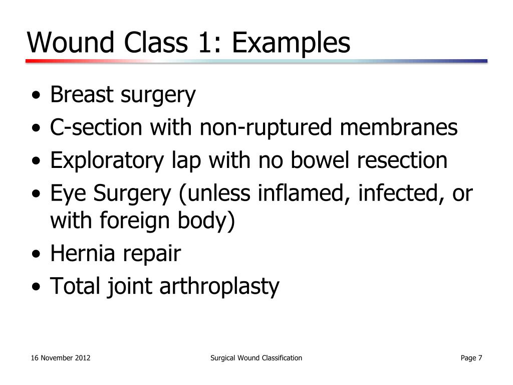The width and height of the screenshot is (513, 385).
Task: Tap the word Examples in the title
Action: (x=290, y=43)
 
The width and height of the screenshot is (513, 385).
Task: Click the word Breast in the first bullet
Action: (x=82, y=95)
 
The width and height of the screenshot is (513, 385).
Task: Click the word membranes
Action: (x=399, y=128)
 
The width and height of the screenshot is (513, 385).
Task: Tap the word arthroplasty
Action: (x=219, y=287)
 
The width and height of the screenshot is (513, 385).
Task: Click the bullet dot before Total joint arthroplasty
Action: (x=37, y=288)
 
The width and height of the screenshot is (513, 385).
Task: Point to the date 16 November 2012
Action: (x=61, y=358)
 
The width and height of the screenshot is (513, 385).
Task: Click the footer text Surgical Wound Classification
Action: (x=256, y=358)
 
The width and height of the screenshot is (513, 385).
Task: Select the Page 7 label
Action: (x=471, y=358)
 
